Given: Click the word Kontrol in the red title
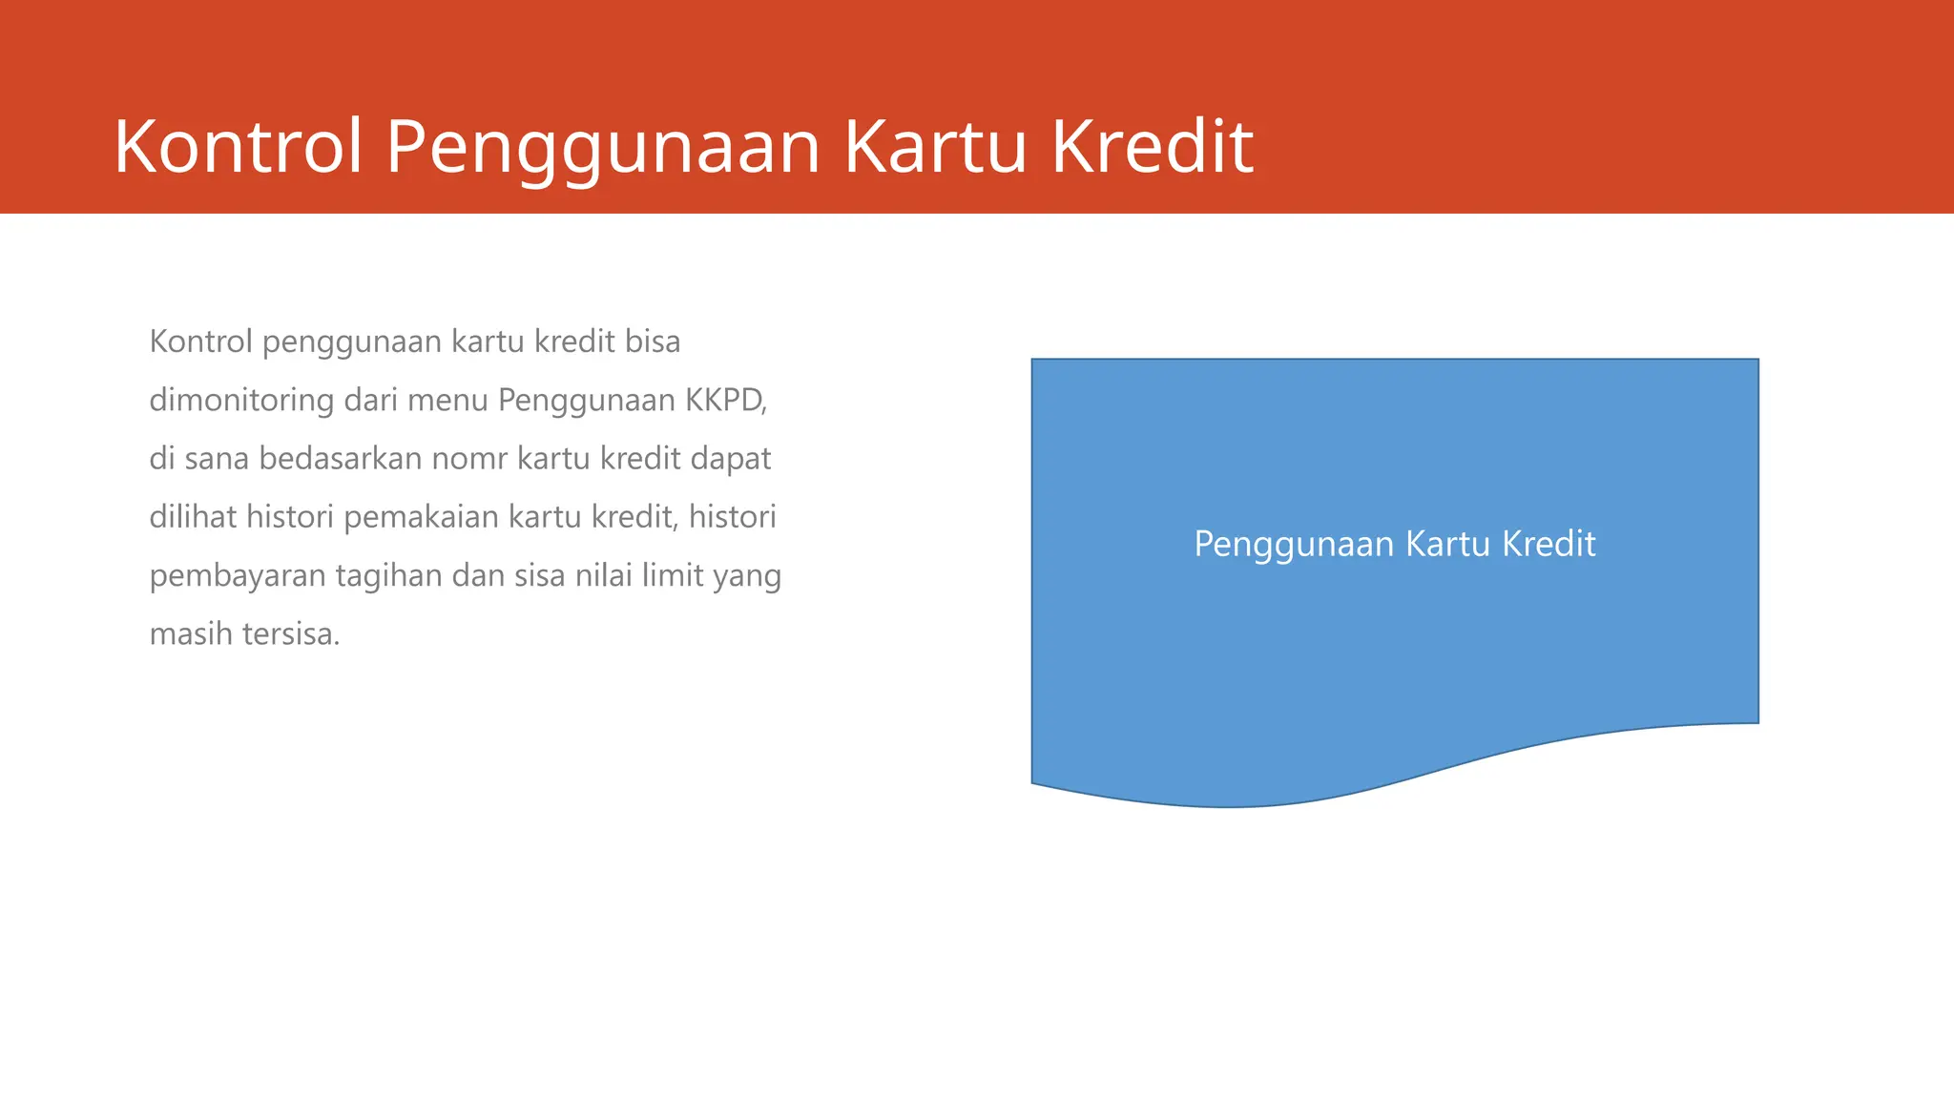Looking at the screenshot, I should [239, 147].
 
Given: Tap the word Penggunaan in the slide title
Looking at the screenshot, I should [603, 147].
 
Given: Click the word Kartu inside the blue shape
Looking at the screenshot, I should [1447, 544].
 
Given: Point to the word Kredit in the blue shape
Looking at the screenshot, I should [1549, 544].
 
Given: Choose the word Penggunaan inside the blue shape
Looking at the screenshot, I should [1295, 544].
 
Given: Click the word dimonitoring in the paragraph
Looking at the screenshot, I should [241, 400].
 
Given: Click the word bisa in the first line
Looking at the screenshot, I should [653, 342].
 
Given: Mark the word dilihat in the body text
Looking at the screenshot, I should [193, 517].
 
